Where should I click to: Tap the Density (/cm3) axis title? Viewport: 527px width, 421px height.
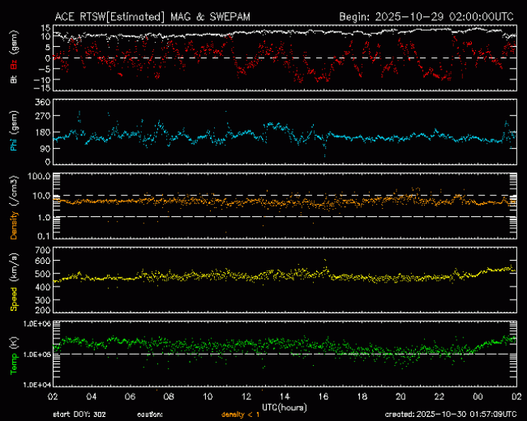13,206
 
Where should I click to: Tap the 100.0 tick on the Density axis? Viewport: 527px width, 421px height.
39,176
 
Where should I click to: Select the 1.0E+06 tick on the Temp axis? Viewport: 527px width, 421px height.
36,324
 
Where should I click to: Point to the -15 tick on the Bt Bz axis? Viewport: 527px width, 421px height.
41,87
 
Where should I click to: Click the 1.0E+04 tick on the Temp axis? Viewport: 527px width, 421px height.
36,385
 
